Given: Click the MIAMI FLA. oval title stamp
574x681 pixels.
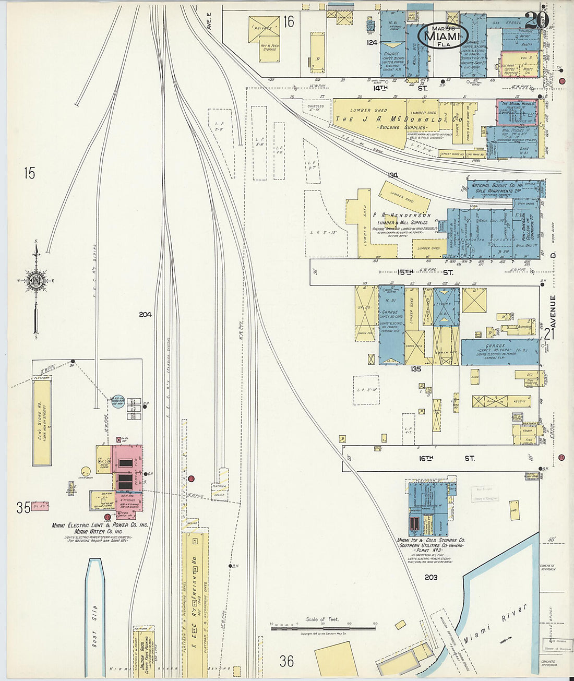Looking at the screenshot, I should click(x=443, y=35).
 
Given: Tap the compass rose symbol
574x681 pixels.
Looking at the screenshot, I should click(x=36, y=282).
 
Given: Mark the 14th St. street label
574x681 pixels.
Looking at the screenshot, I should click(x=400, y=88).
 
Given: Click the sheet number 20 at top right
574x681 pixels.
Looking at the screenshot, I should click(x=535, y=19).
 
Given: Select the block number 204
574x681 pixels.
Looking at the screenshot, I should click(x=145, y=314).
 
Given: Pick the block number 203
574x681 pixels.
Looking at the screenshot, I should click(x=430, y=577).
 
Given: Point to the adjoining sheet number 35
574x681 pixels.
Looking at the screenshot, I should click(x=23, y=507).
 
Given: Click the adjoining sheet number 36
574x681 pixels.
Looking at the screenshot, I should click(x=286, y=661).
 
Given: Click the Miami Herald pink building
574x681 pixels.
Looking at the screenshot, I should click(x=517, y=112).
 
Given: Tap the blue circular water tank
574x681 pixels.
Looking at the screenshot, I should click(x=118, y=401).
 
